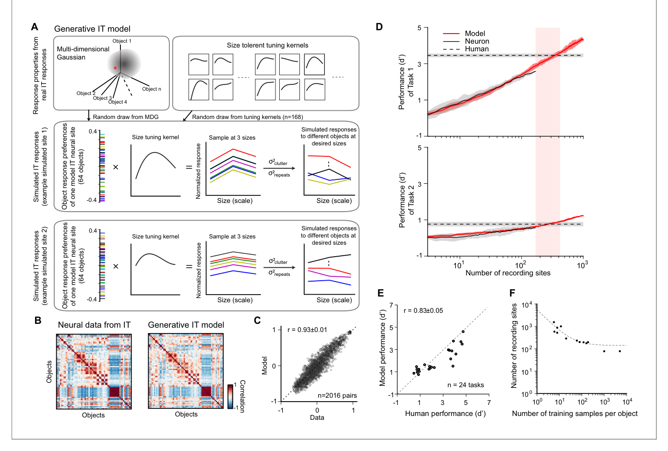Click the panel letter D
tap(379, 27)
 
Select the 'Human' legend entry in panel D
tap(477, 49)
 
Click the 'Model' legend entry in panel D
tap(475, 34)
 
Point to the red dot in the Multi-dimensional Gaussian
tap(115, 68)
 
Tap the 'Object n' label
tap(152, 89)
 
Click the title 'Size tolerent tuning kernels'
tap(267, 45)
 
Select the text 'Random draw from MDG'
tap(126, 117)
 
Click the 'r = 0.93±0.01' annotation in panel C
tap(307, 330)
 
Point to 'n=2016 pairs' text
tap(337, 395)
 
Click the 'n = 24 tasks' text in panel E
tap(465, 385)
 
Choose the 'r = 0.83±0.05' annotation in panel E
tap(423, 310)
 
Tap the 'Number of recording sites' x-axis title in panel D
tap(508, 273)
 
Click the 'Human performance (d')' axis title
tap(445, 414)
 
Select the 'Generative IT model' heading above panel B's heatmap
tap(186, 325)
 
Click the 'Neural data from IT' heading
tap(94, 325)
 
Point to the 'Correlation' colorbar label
tap(242, 396)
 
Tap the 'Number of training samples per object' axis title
tap(574, 414)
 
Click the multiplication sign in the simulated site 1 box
tap(116, 167)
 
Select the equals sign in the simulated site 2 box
tap(189, 266)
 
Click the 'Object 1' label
tap(122, 41)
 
